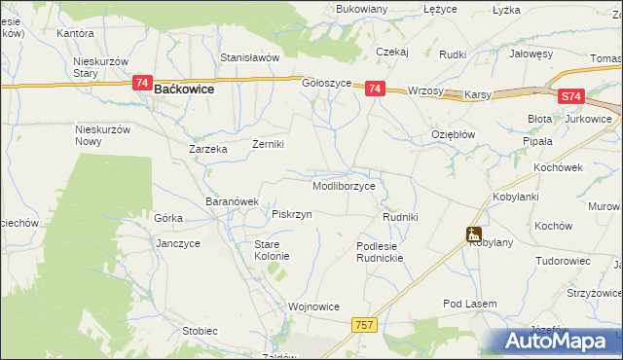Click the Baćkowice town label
click(x=184, y=89)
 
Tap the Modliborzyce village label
click(x=344, y=185)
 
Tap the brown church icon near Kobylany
click(x=473, y=234)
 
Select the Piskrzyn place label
click(x=292, y=214)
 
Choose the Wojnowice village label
click(x=313, y=306)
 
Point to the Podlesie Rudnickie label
click(x=379, y=253)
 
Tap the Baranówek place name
click(x=232, y=201)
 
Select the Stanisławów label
click(x=249, y=57)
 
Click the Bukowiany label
click(x=361, y=9)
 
